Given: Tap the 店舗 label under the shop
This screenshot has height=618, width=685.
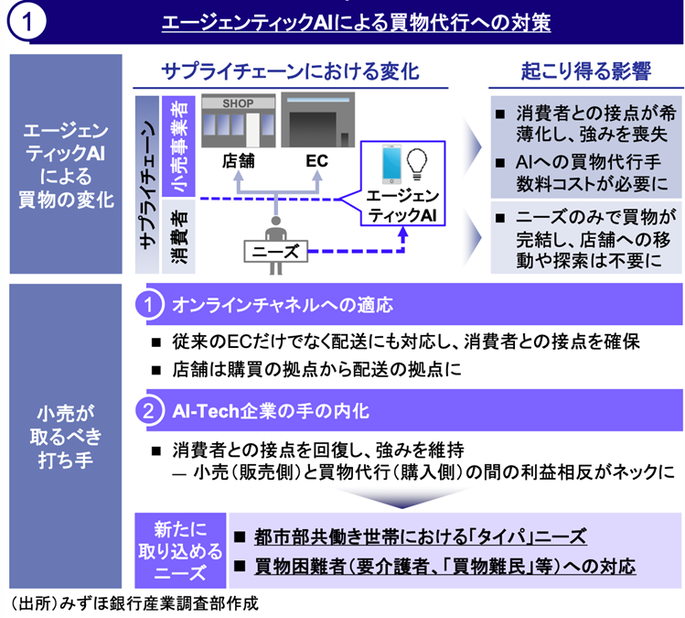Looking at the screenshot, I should coord(237,160).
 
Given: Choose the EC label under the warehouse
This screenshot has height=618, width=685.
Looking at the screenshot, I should coord(316,160).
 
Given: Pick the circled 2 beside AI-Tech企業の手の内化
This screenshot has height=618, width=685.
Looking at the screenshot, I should coord(150,411).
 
